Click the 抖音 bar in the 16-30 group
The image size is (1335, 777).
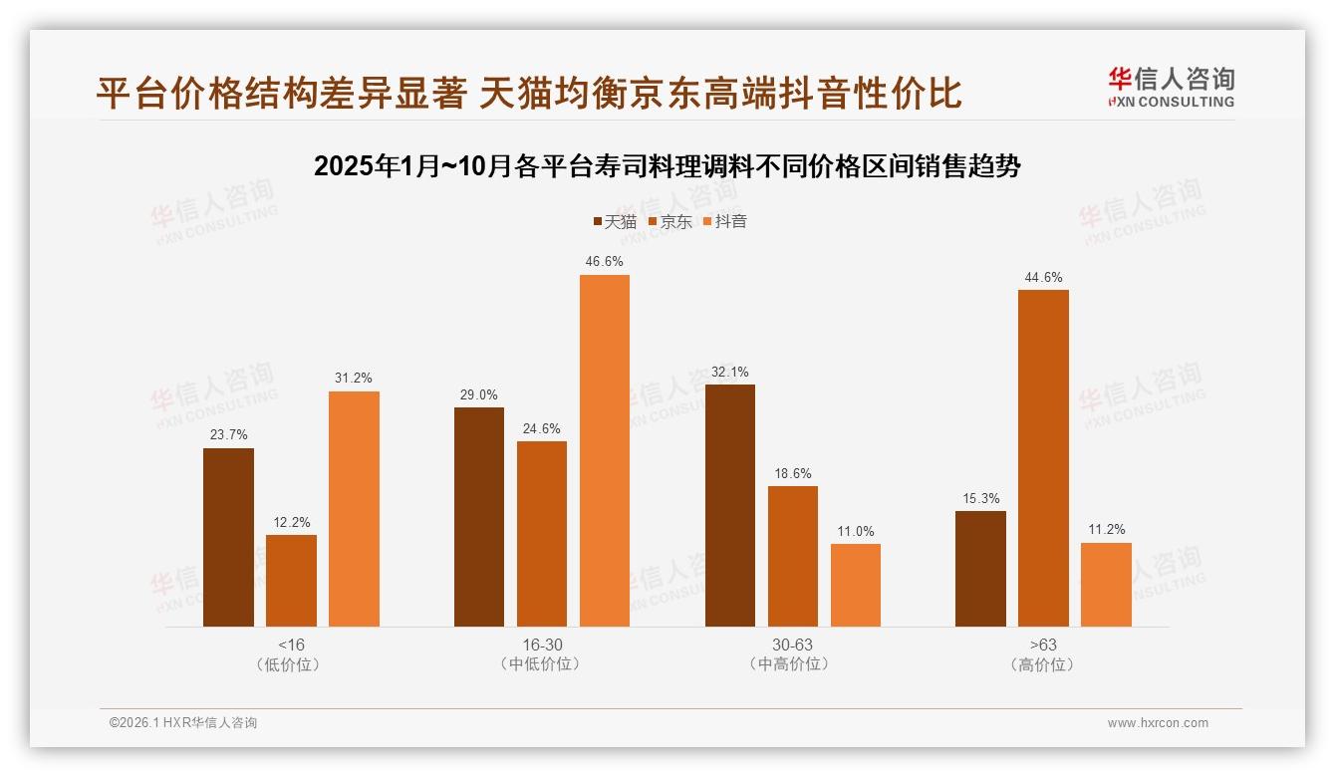point(605,450)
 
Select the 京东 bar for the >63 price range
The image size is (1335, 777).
point(1043,458)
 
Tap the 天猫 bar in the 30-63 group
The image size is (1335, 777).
point(730,505)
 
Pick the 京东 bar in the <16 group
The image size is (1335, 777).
point(291,581)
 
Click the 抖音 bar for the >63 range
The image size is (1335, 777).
point(1106,585)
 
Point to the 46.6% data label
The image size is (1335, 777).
point(605,261)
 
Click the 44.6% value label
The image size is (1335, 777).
point(1043,277)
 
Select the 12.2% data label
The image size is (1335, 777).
point(291,522)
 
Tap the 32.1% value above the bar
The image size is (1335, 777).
point(730,372)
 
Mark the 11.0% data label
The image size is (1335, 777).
point(856,531)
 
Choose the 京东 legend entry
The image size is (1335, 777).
point(669,221)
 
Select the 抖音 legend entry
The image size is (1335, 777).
point(724,221)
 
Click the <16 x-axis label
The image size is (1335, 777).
point(291,645)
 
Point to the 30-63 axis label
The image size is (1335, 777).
point(793,645)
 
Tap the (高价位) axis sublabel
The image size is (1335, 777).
point(1043,664)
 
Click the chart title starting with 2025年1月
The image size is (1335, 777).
point(667,166)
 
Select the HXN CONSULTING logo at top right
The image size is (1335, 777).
point(1171,88)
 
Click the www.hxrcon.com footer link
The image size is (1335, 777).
point(1158,723)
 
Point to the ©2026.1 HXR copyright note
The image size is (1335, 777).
point(183,723)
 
